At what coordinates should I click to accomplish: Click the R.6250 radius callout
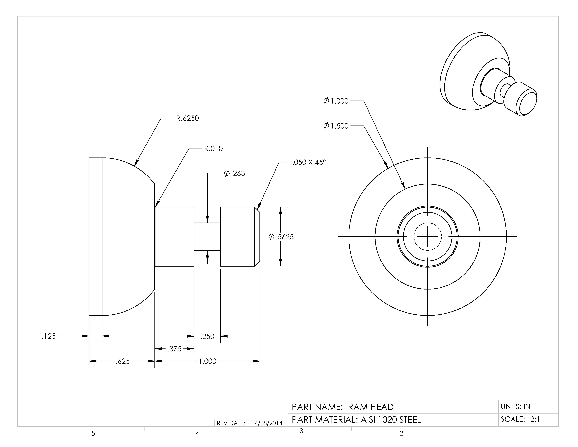(187, 118)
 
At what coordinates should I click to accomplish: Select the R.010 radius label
(213, 149)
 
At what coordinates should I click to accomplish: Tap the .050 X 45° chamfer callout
(309, 162)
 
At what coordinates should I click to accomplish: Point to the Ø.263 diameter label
(234, 173)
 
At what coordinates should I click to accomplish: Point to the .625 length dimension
(123, 361)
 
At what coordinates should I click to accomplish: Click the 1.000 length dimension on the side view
(207, 361)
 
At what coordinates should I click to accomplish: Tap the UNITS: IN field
(516, 407)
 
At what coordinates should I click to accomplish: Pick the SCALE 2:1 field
(520, 419)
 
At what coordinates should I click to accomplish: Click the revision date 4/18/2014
(268, 423)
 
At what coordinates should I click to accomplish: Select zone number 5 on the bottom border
(93, 434)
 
